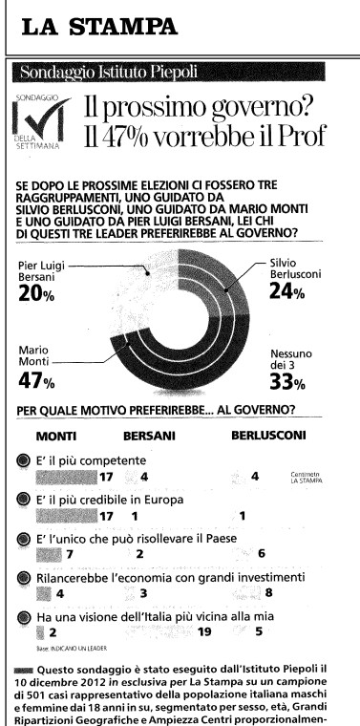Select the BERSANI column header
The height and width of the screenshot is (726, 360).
tap(149, 436)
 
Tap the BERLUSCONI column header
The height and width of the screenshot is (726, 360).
tap(267, 436)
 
